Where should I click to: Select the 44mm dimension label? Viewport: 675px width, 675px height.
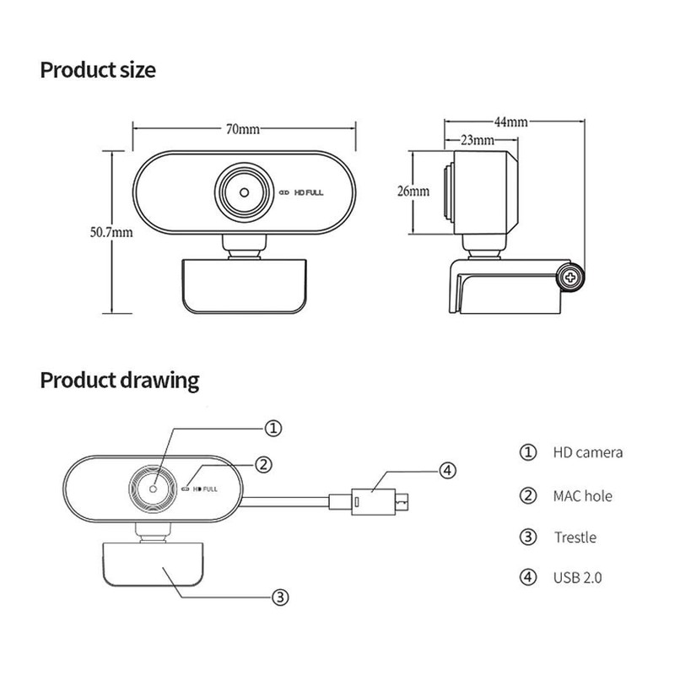point(510,121)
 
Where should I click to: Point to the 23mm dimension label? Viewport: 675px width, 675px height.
point(478,139)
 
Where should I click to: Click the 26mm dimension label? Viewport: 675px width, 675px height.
point(413,191)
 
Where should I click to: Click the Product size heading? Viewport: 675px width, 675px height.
point(98,69)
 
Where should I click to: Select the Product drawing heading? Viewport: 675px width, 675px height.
point(120,380)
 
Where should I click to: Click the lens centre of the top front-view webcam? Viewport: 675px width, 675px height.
point(244,191)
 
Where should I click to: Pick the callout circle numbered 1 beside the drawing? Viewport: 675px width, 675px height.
point(273,428)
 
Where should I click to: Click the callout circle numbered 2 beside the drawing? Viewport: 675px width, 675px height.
point(264,463)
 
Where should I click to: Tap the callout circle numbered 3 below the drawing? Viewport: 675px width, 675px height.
point(282,597)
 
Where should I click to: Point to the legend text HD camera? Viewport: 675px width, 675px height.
point(588,452)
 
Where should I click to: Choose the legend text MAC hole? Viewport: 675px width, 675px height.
point(583,495)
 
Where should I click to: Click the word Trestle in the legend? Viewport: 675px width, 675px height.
point(575,537)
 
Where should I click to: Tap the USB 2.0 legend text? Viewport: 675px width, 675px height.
point(578,578)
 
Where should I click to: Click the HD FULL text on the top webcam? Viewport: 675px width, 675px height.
point(309,192)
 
